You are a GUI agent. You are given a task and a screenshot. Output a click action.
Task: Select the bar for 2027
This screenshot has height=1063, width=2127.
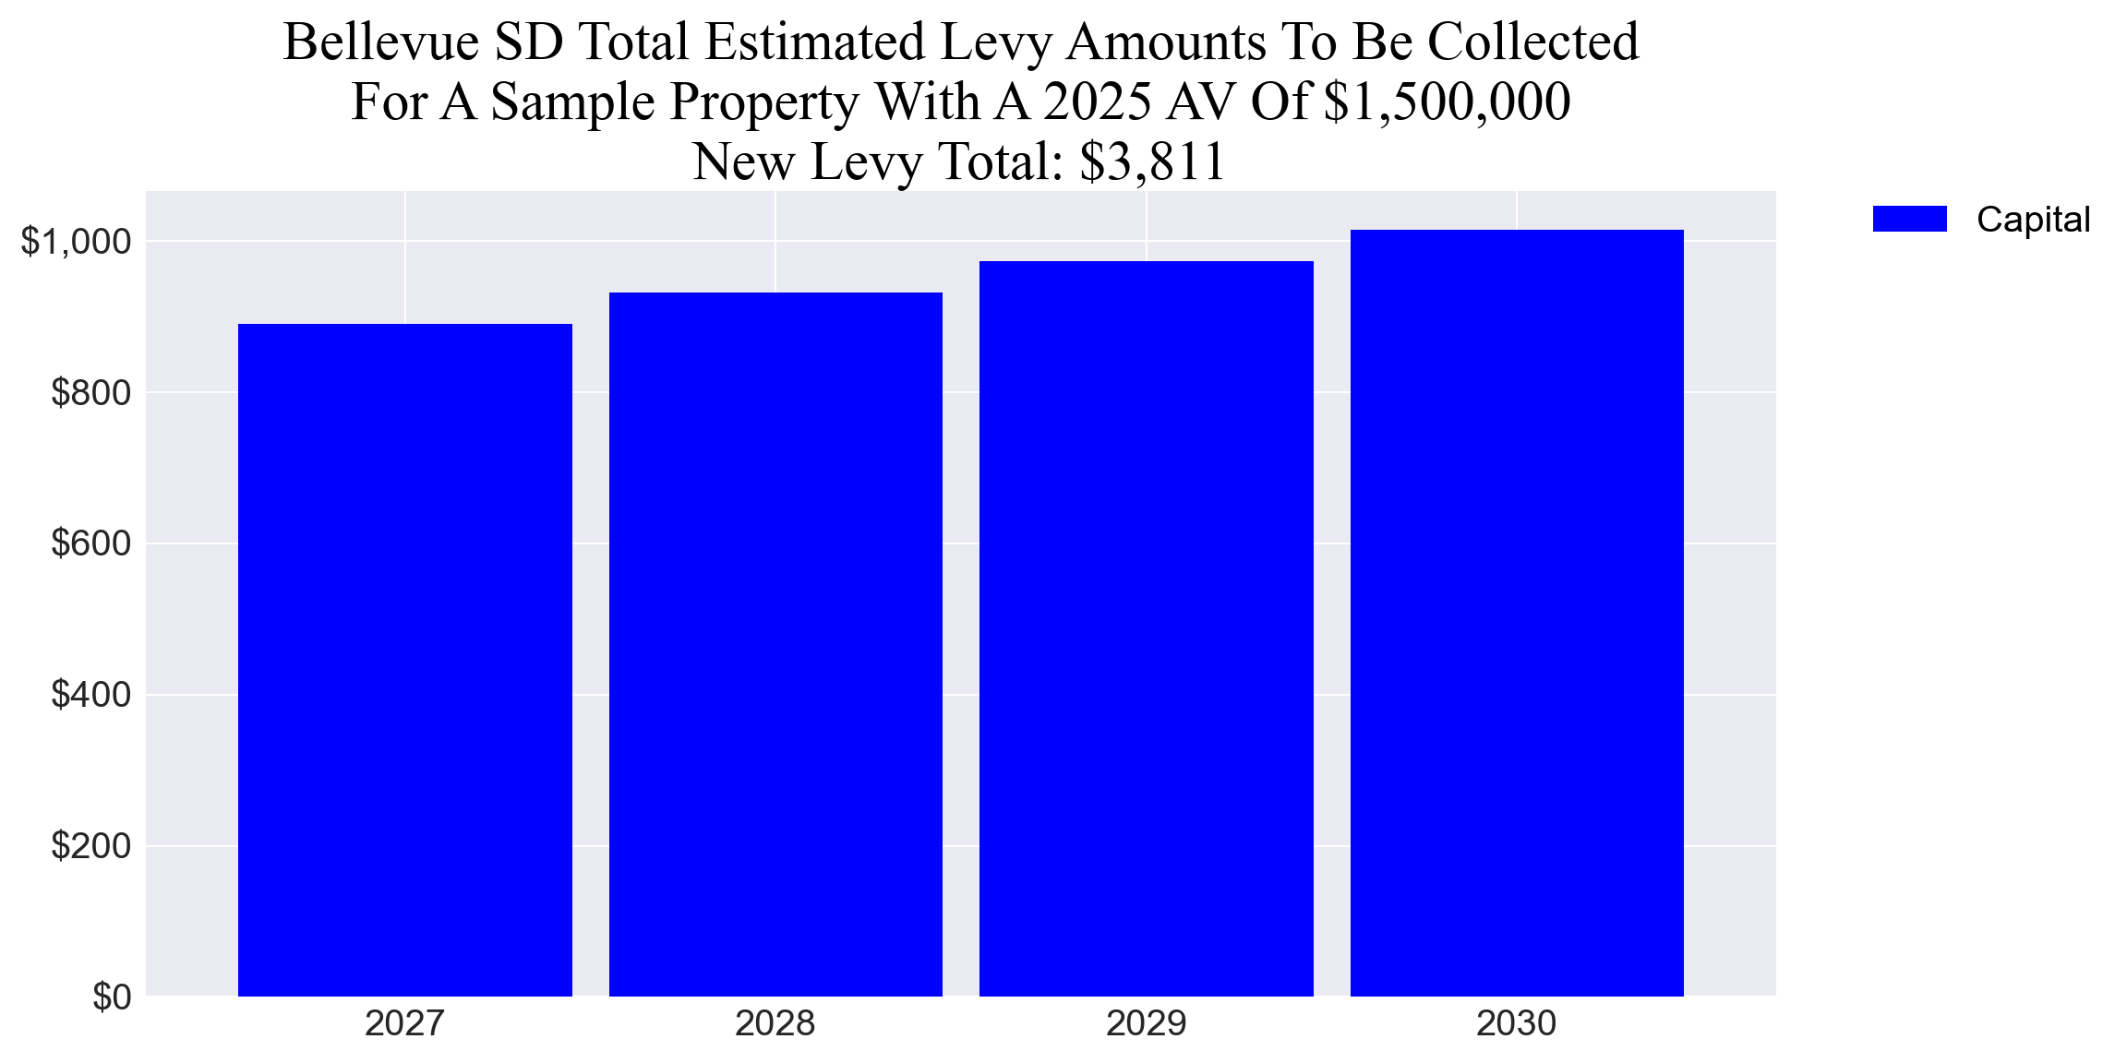(x=404, y=660)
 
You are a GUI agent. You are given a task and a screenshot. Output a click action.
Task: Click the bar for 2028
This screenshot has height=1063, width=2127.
(x=775, y=644)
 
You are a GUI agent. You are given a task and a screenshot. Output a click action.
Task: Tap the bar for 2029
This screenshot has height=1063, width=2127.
(x=1146, y=628)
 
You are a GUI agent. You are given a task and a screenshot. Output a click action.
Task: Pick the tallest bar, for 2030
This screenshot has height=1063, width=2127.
(x=1517, y=613)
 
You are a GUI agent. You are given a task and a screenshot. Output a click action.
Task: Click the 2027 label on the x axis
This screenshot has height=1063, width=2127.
(x=404, y=1023)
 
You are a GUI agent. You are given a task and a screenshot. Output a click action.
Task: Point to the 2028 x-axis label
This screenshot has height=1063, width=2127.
(x=775, y=1023)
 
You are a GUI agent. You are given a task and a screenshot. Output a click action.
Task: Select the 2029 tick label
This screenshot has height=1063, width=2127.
(x=1146, y=1023)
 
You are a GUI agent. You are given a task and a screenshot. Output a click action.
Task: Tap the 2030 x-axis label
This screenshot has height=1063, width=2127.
(x=1517, y=1023)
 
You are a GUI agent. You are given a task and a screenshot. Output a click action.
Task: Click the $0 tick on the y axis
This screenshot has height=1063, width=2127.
(x=112, y=997)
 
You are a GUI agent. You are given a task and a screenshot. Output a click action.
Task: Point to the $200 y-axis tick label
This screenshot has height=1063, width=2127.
(x=91, y=846)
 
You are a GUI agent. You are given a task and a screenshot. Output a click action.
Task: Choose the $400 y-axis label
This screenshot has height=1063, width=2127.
(x=91, y=695)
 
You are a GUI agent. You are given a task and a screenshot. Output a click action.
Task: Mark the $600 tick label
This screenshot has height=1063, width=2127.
(x=91, y=543)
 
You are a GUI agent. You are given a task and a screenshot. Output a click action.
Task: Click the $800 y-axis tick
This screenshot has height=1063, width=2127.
(x=91, y=393)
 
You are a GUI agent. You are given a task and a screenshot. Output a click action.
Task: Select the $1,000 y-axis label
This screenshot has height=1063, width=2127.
(x=77, y=242)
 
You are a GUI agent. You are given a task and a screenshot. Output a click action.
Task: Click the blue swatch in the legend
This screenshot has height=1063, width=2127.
(x=1909, y=220)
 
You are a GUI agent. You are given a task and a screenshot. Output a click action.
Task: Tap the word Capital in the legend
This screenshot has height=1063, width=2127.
(x=2033, y=220)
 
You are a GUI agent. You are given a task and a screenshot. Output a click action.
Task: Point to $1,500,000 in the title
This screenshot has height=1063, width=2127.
(x=1447, y=102)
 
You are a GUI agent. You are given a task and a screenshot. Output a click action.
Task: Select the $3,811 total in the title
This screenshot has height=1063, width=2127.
(x=1151, y=161)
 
